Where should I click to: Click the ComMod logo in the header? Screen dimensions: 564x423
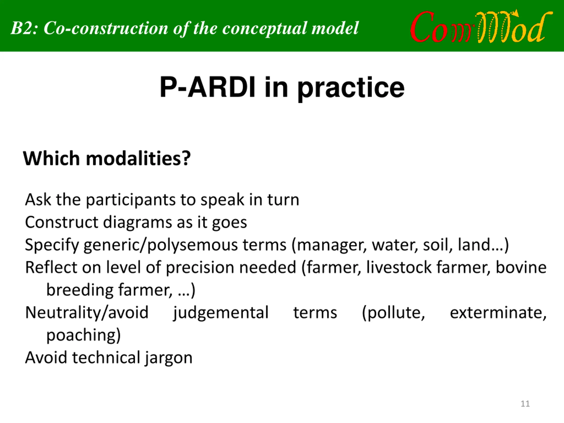[x=481, y=27]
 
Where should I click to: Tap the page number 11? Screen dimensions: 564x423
[x=525, y=404]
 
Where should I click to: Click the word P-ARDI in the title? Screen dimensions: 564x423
[x=207, y=87]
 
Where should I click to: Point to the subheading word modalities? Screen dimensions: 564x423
[x=138, y=158]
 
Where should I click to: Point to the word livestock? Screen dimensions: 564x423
[x=399, y=267]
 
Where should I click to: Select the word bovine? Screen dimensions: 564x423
[x=521, y=267]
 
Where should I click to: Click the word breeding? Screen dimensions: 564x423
[x=80, y=290]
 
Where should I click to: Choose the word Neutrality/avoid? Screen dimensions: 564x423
[x=87, y=312]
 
